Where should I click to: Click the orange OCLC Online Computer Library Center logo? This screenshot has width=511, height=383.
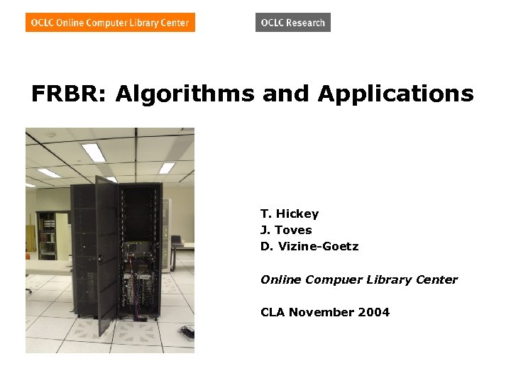tap(110, 23)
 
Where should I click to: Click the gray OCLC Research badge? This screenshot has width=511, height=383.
tap(292, 23)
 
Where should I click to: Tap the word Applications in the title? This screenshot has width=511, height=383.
tap(395, 94)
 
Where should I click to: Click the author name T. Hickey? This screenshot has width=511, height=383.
tap(290, 213)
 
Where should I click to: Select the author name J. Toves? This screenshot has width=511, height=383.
tap(286, 230)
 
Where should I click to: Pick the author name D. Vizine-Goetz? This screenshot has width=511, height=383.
tap(309, 246)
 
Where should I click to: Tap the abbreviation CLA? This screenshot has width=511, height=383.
tap(273, 312)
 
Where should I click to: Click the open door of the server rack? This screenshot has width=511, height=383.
tap(107, 255)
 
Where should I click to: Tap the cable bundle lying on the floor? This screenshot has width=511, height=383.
tap(186, 331)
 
